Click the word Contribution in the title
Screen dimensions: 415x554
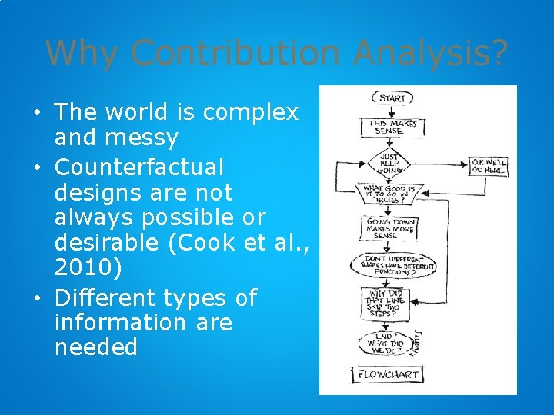[235, 54]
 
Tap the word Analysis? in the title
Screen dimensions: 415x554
[431, 54]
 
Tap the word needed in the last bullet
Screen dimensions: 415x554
[96, 347]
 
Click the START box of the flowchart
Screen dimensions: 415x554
[392, 98]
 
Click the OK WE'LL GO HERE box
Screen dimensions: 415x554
[489, 165]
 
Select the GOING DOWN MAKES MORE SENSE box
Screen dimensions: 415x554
[391, 228]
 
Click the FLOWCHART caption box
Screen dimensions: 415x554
[388, 374]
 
